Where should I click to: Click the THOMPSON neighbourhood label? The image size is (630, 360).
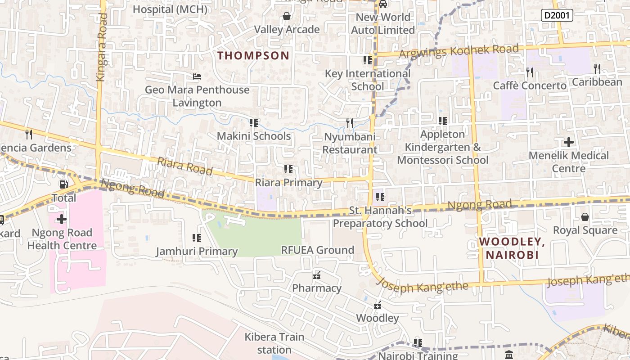pos(253,56)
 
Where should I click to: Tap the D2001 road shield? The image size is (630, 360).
pos(557,15)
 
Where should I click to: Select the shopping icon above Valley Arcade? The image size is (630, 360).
pos(287,17)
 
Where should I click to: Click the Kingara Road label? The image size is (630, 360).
pos(102,47)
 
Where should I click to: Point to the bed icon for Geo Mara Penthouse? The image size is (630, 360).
pos(197,76)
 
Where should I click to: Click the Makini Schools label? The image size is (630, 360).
pos(254,136)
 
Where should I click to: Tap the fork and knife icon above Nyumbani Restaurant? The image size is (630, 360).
pos(349,123)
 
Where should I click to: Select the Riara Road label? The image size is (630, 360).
pos(185,166)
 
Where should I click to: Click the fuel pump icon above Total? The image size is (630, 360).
pos(64,184)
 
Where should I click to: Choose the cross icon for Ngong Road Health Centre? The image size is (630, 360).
pos(62,219)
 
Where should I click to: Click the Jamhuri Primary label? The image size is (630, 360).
pos(197,252)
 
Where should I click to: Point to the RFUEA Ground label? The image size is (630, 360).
pos(317,250)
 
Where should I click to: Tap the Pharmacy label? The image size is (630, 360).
pos(317,288)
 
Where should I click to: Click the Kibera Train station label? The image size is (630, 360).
pos(274,343)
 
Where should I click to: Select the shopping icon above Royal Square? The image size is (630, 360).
pos(585,217)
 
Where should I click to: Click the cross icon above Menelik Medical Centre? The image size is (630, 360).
pos(569,143)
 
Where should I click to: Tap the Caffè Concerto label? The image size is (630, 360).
pos(530,85)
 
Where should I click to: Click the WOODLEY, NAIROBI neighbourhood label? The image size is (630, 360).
pos(512,248)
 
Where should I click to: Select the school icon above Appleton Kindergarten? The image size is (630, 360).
pos(443,121)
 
